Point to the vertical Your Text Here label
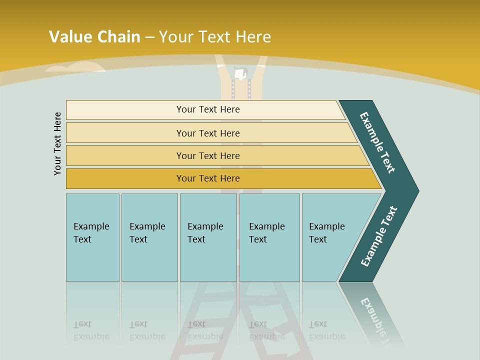(x=57, y=143)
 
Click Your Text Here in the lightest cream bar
(x=208, y=109)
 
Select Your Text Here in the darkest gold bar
(x=208, y=178)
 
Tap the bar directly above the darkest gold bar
(x=208, y=156)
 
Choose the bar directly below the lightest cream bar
(x=208, y=133)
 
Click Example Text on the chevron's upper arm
(x=377, y=142)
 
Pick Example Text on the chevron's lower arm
(x=379, y=236)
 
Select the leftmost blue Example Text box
(x=92, y=237)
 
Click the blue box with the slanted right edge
(x=330, y=237)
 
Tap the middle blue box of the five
(x=208, y=237)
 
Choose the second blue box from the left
(x=149, y=237)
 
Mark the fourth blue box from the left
(x=269, y=237)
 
